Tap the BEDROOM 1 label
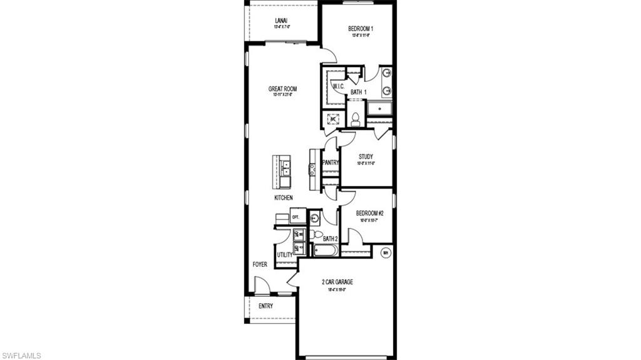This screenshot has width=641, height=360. [361, 29]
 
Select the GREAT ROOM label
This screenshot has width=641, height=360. [282, 89]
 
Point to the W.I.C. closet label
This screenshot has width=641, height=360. [338, 86]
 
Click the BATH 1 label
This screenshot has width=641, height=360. [358, 93]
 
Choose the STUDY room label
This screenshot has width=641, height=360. [366, 157]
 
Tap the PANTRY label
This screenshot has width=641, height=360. [331, 163]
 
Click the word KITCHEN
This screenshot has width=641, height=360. [283, 198]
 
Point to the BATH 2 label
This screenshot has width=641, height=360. [330, 239]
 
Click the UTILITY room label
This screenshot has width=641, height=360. [284, 255]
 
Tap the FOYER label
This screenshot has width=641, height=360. [260, 264]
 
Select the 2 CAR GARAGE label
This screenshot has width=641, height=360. [337, 282]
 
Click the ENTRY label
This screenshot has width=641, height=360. [265, 306]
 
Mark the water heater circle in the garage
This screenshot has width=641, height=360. [386, 252]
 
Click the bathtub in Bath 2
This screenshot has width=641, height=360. [325, 251]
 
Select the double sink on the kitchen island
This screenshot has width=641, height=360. [285, 168]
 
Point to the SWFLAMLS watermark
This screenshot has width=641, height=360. [21, 356]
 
